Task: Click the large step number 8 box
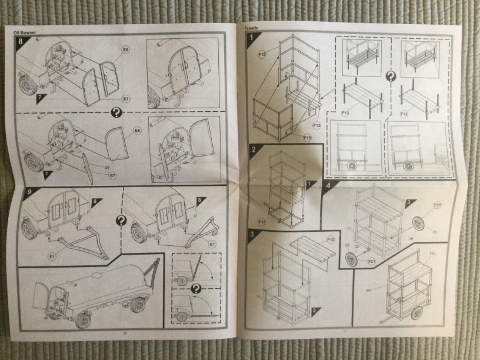[20, 41]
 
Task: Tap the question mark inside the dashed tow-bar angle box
[196, 289]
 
